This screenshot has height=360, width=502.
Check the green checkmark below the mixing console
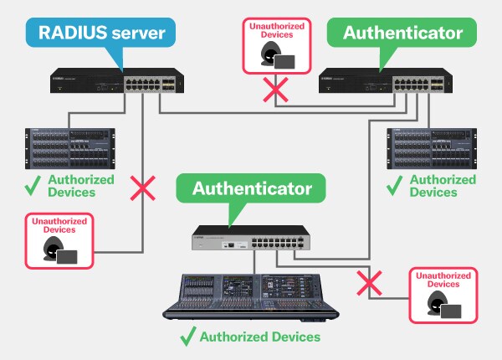click(187, 337)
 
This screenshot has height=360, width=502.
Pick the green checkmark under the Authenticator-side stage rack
click(392, 185)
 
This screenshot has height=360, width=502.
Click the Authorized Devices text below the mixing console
click(259, 337)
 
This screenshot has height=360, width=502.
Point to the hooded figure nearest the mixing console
click(434, 306)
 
